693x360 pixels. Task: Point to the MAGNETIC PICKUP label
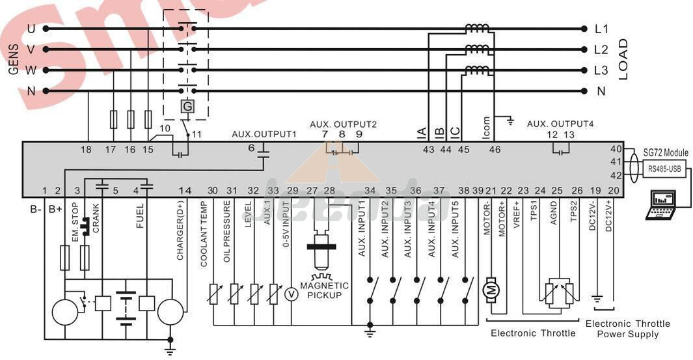[323, 290]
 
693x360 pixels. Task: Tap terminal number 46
[495, 150]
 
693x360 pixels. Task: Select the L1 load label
[601, 29]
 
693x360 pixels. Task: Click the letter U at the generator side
[31, 29]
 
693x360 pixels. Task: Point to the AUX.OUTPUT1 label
[264, 134]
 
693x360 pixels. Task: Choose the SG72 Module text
[666, 152]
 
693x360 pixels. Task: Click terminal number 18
[86, 150]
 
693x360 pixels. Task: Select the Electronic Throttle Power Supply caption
[627, 329]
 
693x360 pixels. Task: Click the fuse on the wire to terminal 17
[114, 119]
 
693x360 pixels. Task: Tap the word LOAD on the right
[623, 59]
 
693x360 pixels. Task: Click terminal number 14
[185, 191]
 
